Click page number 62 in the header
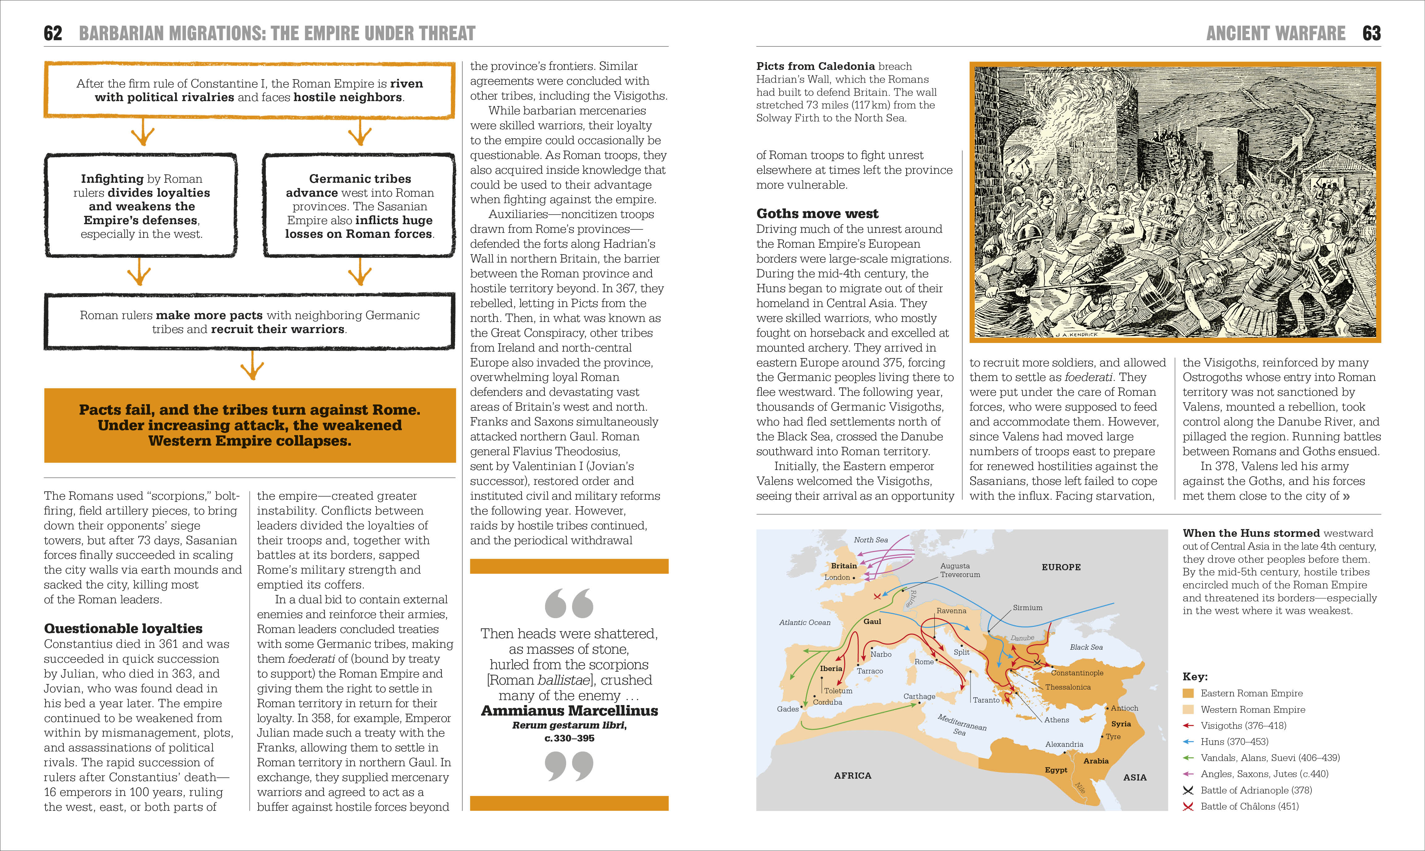tap(53, 33)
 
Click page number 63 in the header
tap(1372, 33)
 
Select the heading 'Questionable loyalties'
tap(123, 628)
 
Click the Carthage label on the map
tap(919, 696)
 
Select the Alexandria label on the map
tap(1064, 744)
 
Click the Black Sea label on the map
tap(1086, 648)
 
